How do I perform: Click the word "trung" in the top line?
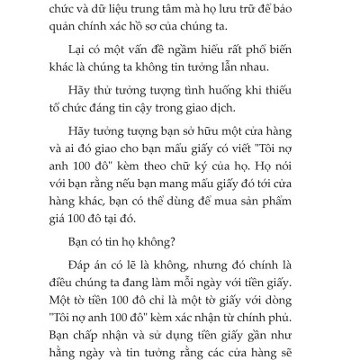188,8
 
